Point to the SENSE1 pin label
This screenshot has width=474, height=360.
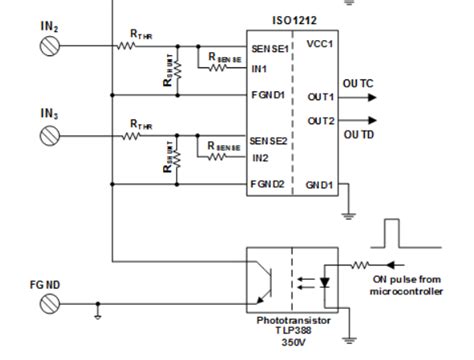point(267,46)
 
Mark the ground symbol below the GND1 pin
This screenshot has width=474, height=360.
point(347,212)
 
